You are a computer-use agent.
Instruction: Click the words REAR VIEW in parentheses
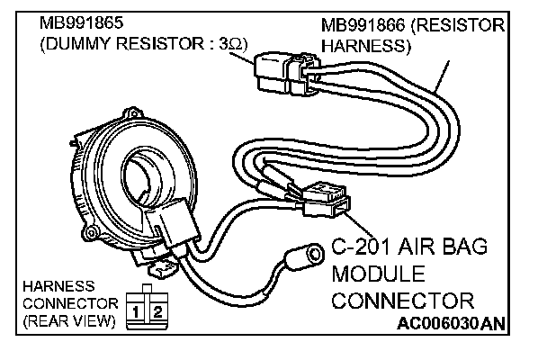(64, 319)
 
